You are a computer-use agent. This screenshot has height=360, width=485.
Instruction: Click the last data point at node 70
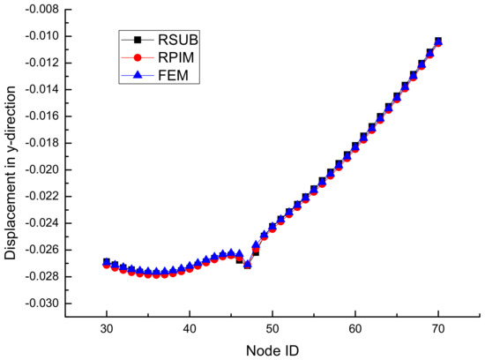438,41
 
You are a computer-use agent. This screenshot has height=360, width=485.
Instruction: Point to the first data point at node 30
107,263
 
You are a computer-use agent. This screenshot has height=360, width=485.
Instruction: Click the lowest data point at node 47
248,265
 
